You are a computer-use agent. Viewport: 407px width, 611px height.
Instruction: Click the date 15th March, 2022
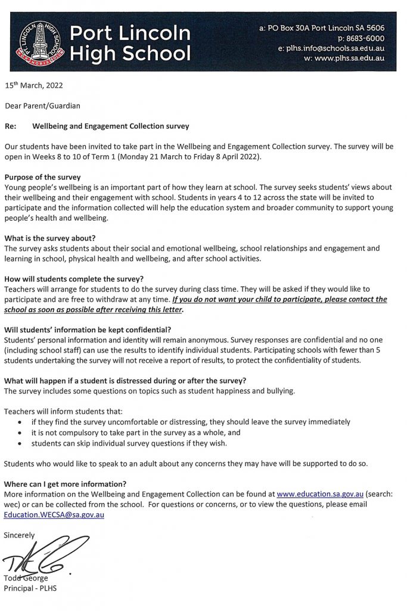click(33, 86)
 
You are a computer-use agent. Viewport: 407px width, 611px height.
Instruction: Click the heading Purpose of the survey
click(42, 178)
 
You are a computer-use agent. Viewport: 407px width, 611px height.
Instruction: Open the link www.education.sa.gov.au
click(321, 494)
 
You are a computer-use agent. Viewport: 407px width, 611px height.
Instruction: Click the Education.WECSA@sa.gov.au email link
click(54, 514)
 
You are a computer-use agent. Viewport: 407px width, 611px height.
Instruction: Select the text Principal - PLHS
click(30, 588)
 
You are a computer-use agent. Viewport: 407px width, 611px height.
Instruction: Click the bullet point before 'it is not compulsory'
click(20, 433)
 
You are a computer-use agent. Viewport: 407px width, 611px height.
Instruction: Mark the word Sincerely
click(20, 535)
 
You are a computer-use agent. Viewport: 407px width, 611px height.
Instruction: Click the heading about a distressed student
click(125, 381)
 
